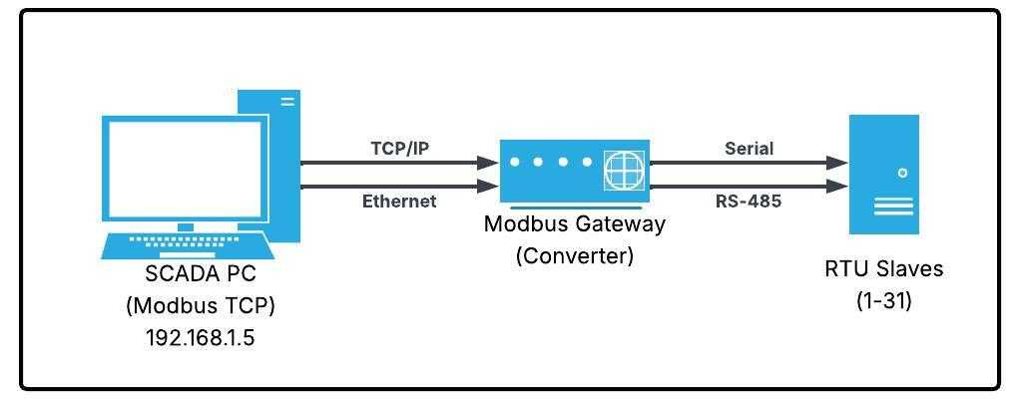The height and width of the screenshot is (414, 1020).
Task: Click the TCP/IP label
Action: click(x=399, y=149)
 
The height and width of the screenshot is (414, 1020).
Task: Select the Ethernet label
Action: click(x=399, y=202)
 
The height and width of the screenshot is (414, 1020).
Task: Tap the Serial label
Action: click(x=749, y=149)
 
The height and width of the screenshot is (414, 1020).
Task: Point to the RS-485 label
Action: click(x=749, y=202)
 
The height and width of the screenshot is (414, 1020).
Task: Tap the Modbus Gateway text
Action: click(x=574, y=224)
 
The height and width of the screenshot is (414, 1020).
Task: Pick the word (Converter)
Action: click(x=574, y=255)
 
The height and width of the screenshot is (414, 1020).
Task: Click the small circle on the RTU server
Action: click(x=903, y=173)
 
